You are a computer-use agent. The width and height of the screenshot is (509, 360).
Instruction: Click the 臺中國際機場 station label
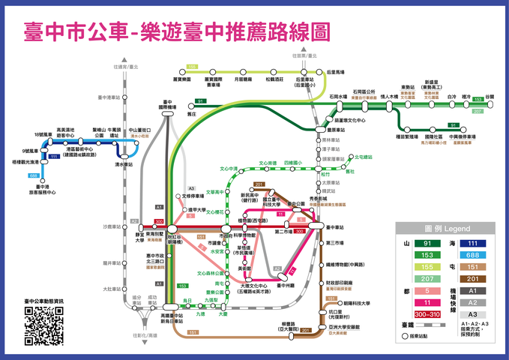pos(168,107)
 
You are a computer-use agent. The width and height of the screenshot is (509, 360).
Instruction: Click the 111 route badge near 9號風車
pos(54,156)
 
